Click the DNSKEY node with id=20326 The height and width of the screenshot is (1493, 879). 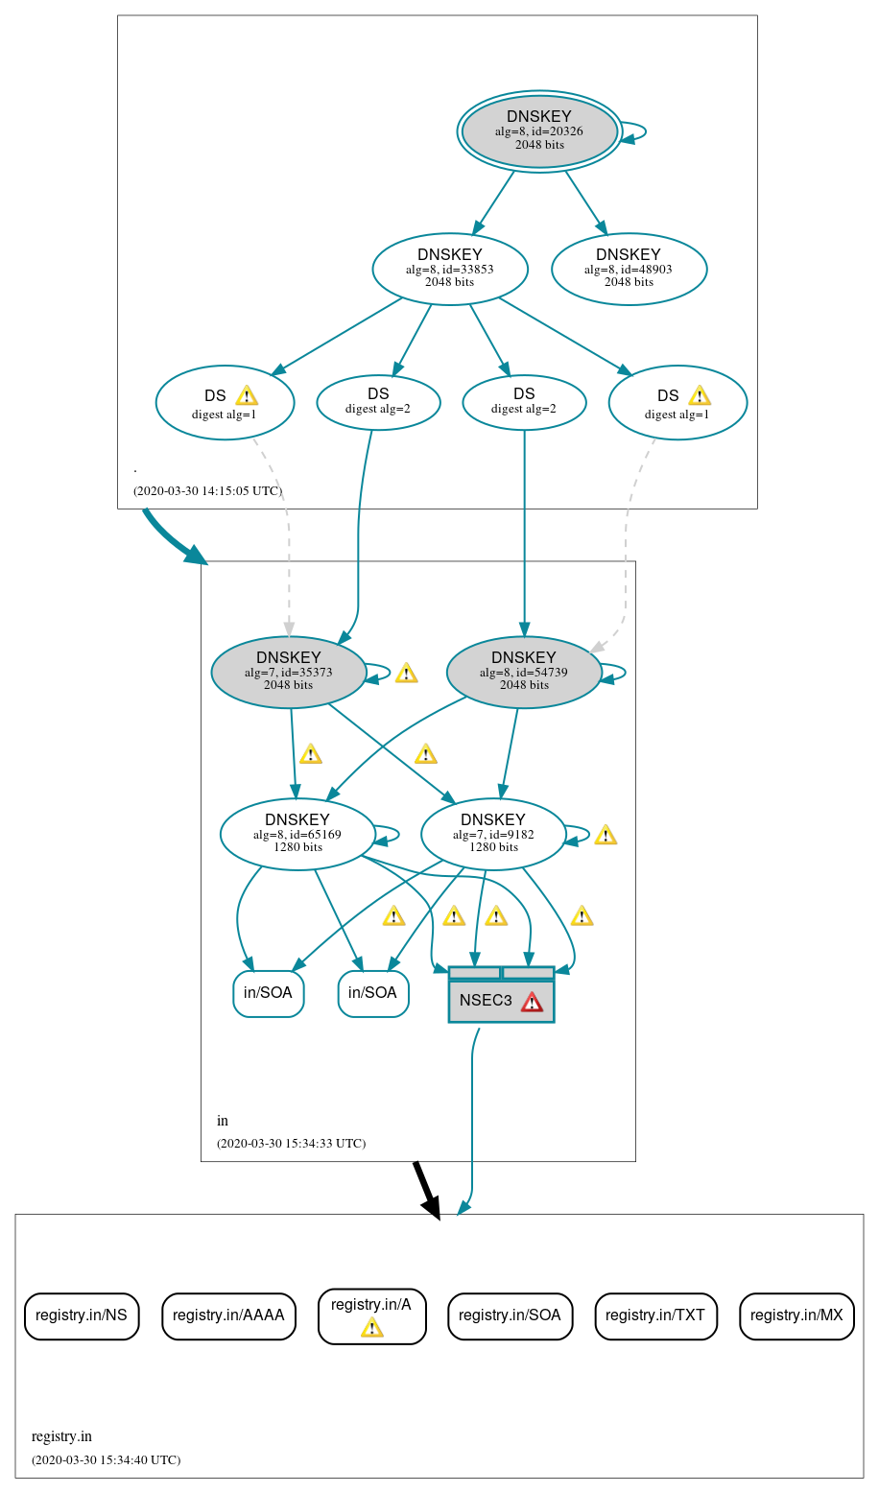coord(539,131)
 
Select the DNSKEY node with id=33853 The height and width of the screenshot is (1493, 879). coord(450,269)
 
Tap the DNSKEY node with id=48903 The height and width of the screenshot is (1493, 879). coord(629,269)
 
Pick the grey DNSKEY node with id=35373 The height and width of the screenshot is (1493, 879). coord(289,672)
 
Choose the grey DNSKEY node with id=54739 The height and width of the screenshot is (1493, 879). coord(524,672)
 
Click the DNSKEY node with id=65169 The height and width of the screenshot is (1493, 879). coord(297,834)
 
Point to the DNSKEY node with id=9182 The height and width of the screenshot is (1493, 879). coord(493,834)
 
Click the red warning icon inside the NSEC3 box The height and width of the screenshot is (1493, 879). coord(532,1002)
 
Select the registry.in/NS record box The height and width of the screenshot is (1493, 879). coord(82,1315)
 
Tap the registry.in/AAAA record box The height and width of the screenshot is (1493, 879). coord(228,1315)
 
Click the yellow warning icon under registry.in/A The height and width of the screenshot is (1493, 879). coord(371,1327)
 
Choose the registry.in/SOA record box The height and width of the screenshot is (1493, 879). coord(510,1315)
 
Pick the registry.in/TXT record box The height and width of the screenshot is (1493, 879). coord(655,1315)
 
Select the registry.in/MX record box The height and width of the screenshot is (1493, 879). coord(796,1315)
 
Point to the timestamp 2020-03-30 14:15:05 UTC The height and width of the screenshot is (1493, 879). coord(207,491)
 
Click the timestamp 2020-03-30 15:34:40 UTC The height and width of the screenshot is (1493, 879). coord(106,1460)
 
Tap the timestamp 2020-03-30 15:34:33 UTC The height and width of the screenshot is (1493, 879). coord(291,1144)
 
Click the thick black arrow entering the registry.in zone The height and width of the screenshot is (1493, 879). coord(426,1190)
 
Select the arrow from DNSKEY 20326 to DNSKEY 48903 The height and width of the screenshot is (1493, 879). coord(586,202)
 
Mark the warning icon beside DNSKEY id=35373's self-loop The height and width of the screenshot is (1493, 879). coord(406,673)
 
